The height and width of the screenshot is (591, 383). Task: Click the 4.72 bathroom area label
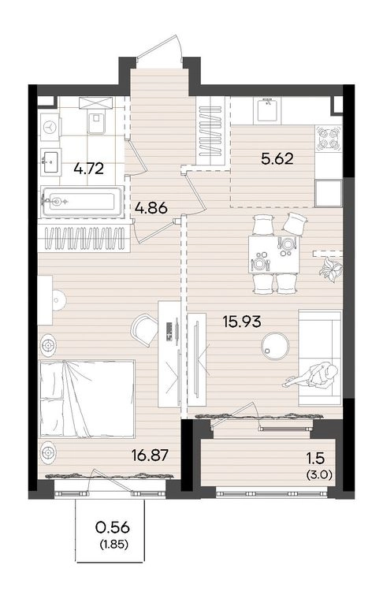pos(88,169)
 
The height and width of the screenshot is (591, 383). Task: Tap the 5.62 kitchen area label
pos(277,158)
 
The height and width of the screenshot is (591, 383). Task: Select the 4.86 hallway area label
pos(151,208)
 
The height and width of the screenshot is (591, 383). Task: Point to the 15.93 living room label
pos(242,322)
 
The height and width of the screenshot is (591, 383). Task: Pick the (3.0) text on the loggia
pos(320,475)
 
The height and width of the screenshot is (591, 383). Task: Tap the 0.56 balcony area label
pos(113,527)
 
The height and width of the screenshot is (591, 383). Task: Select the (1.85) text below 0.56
pos(113,544)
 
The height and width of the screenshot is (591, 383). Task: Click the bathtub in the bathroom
pos(83,201)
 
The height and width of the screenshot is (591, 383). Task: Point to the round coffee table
pos(276,345)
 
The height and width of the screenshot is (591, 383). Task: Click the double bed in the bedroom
pos(87,399)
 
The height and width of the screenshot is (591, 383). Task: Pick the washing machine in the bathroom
pos(50,128)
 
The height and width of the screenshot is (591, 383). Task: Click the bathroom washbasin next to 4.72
pos(50,162)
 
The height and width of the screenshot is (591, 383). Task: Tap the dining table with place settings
pos(273,255)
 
